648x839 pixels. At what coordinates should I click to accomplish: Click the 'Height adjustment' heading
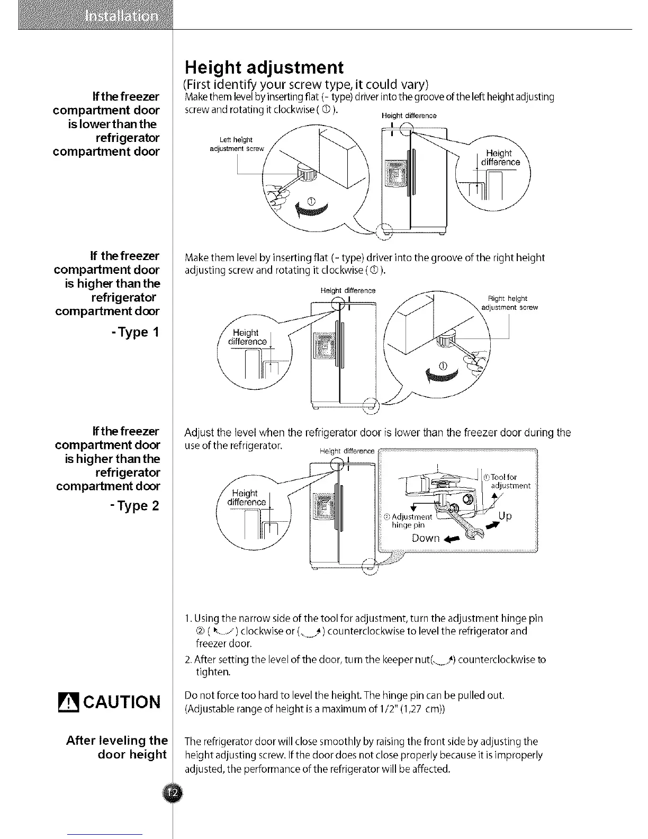pos(264,68)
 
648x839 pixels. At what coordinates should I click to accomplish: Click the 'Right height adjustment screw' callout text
pos(509,302)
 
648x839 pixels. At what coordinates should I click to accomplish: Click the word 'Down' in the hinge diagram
pos(426,539)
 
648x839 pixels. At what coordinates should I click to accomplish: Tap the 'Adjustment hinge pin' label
pos(409,521)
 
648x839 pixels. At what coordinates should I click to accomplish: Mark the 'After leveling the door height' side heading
pos(117,747)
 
